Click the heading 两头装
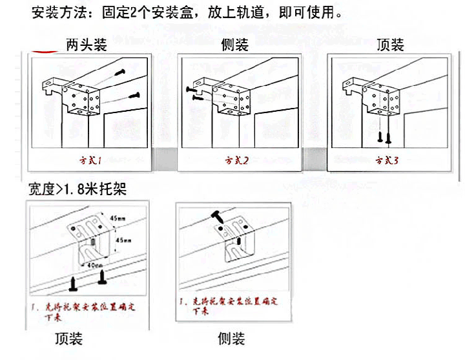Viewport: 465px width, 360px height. click(86, 45)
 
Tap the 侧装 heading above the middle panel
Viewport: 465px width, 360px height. click(234, 45)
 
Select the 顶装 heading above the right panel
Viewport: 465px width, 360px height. click(390, 45)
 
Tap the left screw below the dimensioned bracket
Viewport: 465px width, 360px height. click(75, 282)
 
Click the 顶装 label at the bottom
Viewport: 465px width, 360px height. click(68, 339)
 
